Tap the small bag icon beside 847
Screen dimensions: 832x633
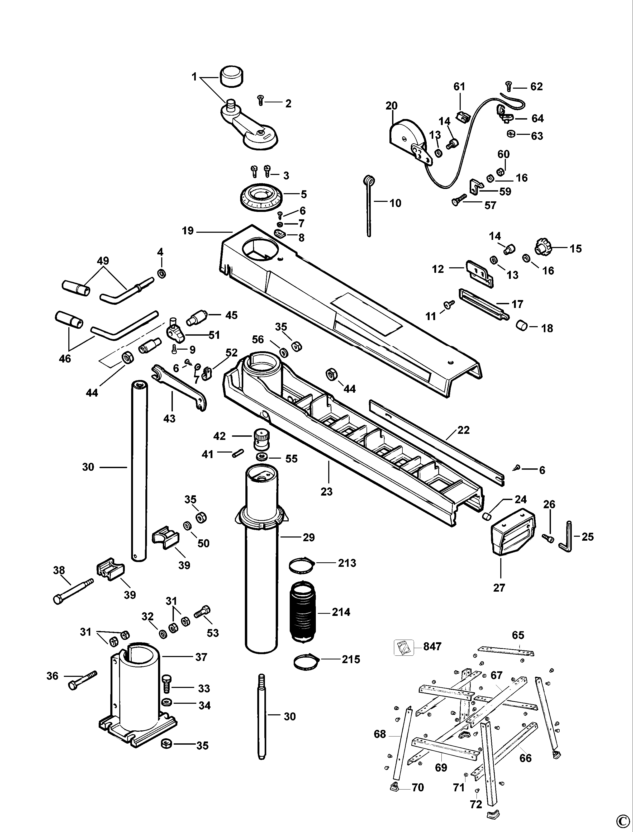point(403,647)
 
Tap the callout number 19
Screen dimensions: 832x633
point(188,231)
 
